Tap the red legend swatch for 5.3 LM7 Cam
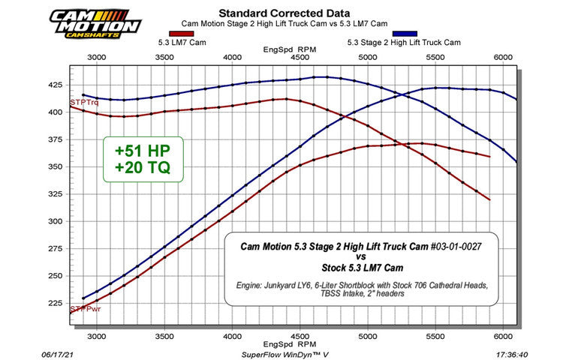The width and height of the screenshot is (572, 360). pos(183,34)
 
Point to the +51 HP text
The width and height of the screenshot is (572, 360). pos(143,150)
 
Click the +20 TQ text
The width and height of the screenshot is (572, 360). pos(143,169)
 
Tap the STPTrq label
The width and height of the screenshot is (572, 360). pos(84,102)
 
